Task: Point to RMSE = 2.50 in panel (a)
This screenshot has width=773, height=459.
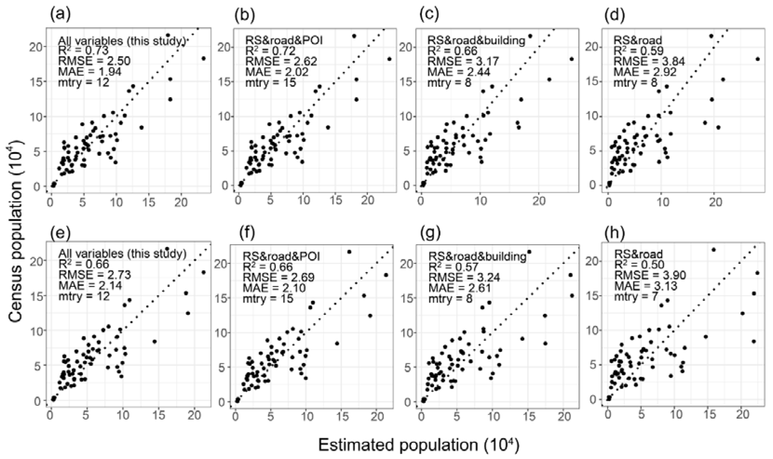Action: tap(94, 61)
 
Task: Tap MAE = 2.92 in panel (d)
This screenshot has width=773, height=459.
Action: tap(645, 72)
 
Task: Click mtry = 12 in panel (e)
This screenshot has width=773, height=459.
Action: tap(84, 296)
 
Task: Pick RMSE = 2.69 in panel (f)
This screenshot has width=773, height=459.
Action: tap(278, 277)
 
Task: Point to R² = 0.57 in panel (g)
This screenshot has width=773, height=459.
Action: tap(453, 266)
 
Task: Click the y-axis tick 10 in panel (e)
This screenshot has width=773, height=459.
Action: tap(37, 330)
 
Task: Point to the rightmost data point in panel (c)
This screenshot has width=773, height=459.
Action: tap(572, 59)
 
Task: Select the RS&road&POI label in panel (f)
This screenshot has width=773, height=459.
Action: tap(281, 256)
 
